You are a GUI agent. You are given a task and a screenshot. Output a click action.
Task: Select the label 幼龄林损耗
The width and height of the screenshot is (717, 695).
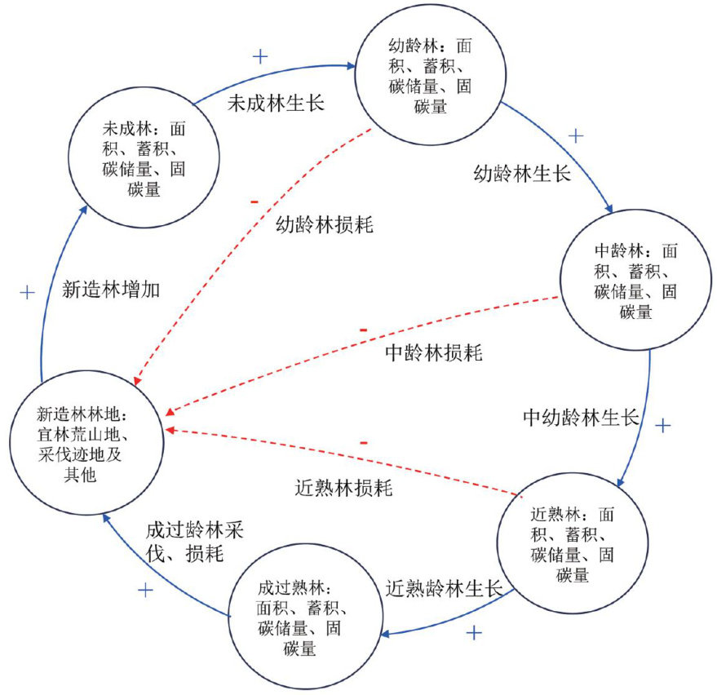tap(325, 225)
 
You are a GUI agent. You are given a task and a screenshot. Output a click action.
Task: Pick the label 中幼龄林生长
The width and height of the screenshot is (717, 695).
tap(580, 418)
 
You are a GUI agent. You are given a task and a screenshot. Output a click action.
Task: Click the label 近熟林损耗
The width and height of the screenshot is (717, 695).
tap(343, 489)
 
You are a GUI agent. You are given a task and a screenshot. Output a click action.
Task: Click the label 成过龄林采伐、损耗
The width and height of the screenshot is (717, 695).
tap(195, 540)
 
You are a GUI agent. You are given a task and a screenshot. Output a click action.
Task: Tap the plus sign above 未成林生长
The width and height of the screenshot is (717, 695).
tap(260, 56)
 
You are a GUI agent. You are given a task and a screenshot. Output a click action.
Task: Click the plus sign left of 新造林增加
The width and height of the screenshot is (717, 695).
tap(27, 292)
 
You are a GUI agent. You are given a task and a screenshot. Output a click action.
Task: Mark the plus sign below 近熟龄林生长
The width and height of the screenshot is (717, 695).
tap(474, 632)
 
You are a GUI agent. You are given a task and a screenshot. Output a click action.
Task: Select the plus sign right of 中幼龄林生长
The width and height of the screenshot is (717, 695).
tap(663, 425)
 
